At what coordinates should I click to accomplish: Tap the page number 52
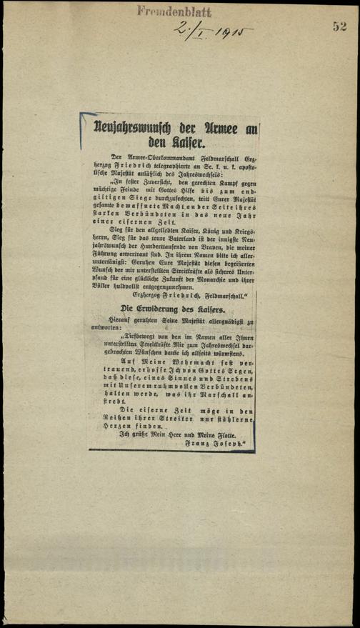[x=338, y=26]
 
